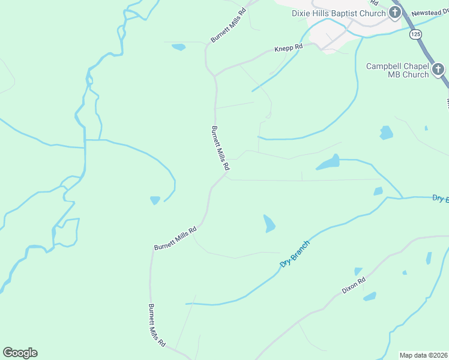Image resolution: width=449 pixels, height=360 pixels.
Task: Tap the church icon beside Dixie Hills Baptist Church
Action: [395, 13]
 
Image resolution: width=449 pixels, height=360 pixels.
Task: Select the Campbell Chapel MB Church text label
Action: [397, 70]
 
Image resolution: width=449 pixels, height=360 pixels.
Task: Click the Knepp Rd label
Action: [288, 48]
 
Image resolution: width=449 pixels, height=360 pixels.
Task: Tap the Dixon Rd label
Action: [354, 285]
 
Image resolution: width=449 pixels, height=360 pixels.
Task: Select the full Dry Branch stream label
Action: [295, 254]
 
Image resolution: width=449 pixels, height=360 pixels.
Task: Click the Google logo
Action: [20, 352]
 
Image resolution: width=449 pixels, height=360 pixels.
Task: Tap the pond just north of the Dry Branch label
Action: [269, 223]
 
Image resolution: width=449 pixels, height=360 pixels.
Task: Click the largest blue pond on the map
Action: [328, 162]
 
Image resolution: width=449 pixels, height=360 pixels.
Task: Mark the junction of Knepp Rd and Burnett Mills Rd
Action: [214, 76]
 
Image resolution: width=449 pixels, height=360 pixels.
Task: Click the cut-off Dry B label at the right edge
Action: [440, 198]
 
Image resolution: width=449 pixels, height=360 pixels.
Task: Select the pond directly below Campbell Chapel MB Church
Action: [387, 133]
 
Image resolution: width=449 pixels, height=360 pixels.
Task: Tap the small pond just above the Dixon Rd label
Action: [358, 271]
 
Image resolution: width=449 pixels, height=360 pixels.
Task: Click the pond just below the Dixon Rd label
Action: [369, 296]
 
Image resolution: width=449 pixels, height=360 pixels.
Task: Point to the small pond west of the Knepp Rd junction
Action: [178, 47]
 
